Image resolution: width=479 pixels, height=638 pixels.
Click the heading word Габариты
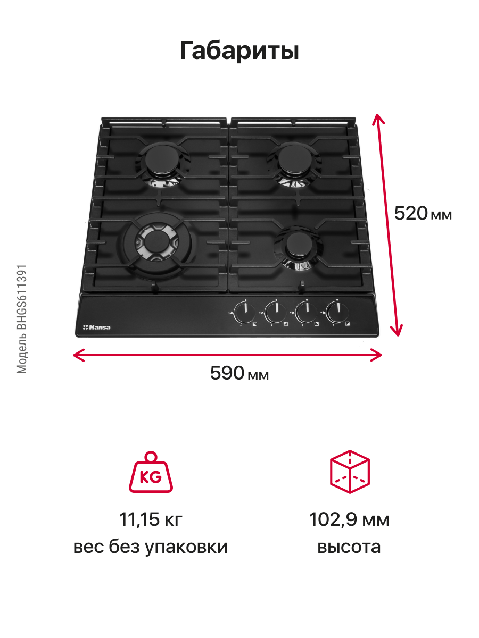[x=239, y=51]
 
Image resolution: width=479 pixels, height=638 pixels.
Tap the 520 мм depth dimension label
[x=423, y=214]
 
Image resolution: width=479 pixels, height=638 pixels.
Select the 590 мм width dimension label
[x=240, y=373]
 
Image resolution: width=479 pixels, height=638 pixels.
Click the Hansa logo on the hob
[x=96, y=327]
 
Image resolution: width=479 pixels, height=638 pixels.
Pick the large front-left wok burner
[x=155, y=242]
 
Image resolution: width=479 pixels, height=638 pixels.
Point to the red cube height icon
[x=350, y=471]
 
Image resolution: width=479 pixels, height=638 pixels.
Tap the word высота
[x=349, y=547]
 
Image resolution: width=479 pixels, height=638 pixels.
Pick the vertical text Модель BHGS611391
[x=22, y=319]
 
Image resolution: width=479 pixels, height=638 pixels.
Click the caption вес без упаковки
[x=151, y=547]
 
